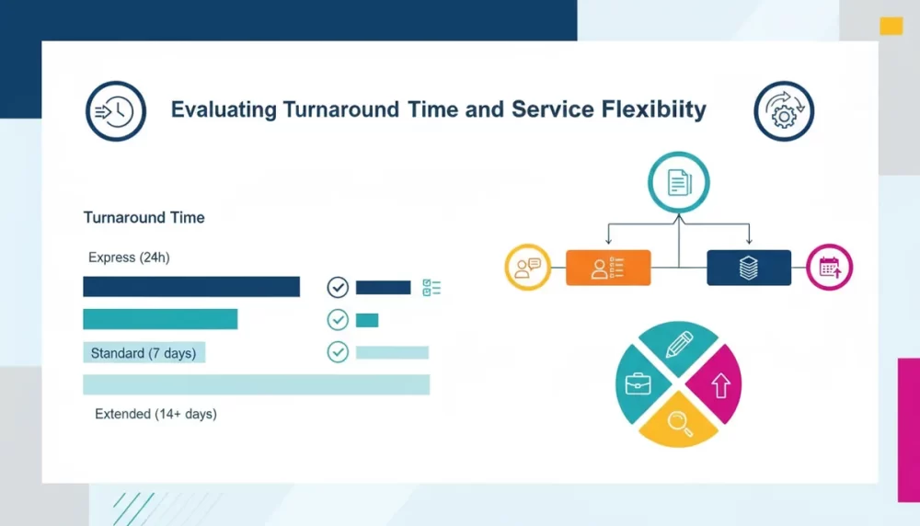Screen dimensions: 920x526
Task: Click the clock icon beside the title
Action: (x=116, y=111)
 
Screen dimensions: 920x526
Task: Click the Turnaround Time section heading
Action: (x=144, y=218)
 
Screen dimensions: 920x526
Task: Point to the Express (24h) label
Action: (x=129, y=257)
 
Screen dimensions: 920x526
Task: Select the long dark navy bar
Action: (x=191, y=287)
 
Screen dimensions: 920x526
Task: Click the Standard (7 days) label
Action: (x=144, y=353)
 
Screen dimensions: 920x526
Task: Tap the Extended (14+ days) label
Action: (x=155, y=414)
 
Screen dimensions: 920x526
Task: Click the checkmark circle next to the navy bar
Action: (x=338, y=287)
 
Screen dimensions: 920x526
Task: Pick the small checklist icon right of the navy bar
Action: (x=431, y=287)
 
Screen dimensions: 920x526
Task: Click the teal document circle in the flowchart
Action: (x=679, y=182)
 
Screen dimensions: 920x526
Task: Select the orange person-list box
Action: (x=608, y=268)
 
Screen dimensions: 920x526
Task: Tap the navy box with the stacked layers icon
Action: (x=749, y=268)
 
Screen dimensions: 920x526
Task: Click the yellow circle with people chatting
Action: (x=527, y=268)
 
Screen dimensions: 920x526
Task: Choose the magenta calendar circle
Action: (x=829, y=268)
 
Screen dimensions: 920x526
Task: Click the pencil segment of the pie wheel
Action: (x=679, y=346)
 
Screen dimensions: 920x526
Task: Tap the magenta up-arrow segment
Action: (x=717, y=384)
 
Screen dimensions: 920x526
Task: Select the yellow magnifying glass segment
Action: (x=679, y=423)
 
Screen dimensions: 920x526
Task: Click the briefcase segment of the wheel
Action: (x=640, y=384)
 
